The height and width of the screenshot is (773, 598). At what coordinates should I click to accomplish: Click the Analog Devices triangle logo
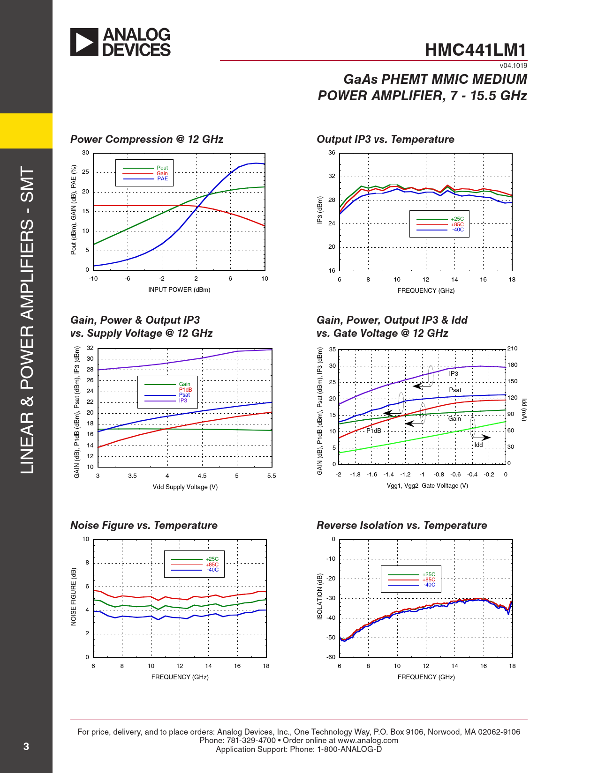point(84,42)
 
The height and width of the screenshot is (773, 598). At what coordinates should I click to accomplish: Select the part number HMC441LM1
point(476,50)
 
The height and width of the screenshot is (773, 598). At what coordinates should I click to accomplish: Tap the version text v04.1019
point(513,66)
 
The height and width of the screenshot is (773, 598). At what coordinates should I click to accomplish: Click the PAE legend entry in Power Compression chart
point(162,178)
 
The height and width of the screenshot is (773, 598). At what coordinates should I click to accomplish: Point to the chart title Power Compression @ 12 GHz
point(147,139)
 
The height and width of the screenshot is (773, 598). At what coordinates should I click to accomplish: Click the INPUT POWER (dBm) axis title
point(179,290)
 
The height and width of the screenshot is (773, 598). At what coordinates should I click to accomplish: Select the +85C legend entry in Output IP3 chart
point(457,224)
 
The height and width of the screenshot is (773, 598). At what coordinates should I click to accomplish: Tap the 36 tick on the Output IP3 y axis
point(332,153)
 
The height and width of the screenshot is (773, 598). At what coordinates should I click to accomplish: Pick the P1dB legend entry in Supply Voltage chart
point(185,390)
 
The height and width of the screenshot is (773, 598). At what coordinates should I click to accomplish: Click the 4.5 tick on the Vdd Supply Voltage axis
point(202,476)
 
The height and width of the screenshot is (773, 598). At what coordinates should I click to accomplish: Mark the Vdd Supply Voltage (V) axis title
point(185,487)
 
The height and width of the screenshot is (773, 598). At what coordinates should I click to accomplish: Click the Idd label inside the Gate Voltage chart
point(478,445)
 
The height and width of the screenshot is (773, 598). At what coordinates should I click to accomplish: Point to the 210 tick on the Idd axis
point(512,349)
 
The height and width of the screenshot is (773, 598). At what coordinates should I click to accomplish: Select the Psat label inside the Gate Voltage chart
point(455,390)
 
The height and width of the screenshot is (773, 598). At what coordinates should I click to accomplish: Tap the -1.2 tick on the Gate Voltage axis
point(405,475)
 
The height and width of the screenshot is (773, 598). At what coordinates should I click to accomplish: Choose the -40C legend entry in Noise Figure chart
point(213,570)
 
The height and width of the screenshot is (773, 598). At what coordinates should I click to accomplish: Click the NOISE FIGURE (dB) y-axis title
point(74,596)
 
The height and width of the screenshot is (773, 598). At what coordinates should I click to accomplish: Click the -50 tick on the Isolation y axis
point(331,638)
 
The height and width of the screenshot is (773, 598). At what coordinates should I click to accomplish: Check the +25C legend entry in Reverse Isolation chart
point(429,574)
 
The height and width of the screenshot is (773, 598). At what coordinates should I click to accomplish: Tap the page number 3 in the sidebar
point(26,746)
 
